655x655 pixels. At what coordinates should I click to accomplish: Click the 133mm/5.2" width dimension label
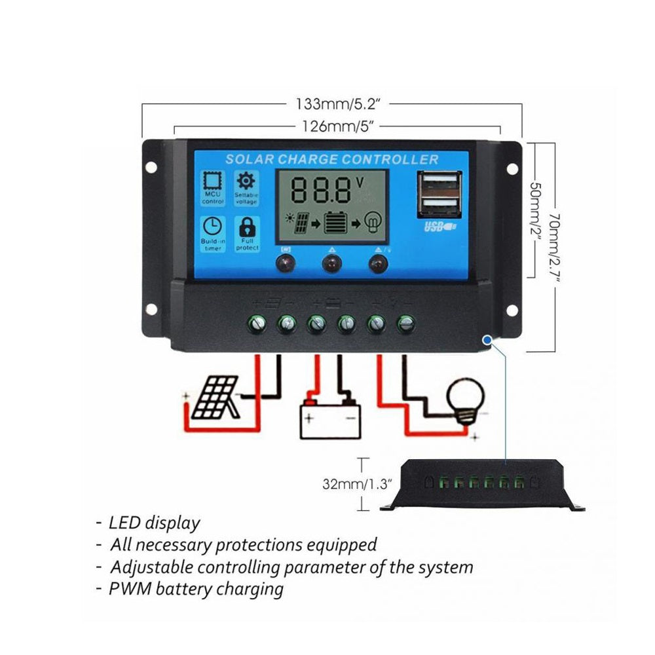click(333, 104)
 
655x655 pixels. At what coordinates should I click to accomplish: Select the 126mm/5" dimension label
click(333, 126)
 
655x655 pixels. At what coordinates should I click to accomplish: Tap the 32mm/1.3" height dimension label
click(357, 485)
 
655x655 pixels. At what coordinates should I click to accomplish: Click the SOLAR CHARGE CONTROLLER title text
click(331, 159)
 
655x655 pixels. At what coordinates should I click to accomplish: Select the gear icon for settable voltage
click(246, 181)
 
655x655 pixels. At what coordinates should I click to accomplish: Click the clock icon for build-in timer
click(212, 227)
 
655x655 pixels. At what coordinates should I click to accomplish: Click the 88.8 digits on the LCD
click(321, 189)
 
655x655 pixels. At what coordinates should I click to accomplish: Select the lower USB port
click(438, 207)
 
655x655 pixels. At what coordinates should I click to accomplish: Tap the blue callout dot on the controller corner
click(487, 339)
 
